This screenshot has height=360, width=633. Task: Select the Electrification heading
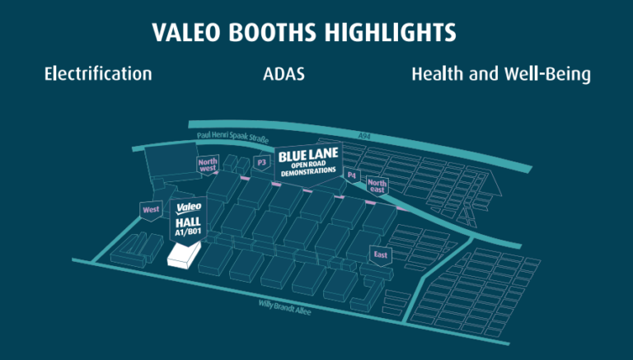coord(98,74)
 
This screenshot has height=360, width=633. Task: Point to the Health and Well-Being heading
coord(501,74)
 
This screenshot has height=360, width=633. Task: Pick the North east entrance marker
coord(377,186)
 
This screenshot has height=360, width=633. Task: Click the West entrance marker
coord(151,210)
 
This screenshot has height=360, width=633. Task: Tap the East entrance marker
coord(380,255)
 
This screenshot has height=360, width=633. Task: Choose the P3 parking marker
coord(263,163)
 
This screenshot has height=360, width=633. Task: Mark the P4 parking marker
coord(352,175)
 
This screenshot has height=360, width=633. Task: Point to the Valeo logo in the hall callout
coord(189,208)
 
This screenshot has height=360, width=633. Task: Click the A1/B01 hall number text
coord(189,232)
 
